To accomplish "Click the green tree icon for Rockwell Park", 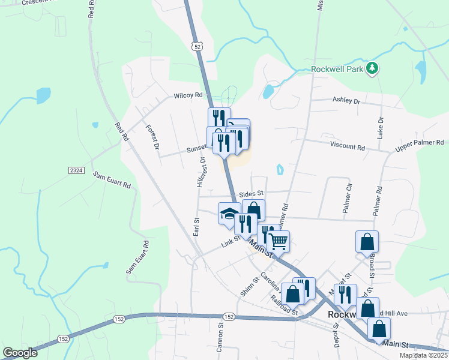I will click(373, 68).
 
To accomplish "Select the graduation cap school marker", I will click(229, 214).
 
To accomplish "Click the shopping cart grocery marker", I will click(278, 242).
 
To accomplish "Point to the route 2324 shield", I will click(76, 171).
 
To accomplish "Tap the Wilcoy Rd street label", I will click(188, 95).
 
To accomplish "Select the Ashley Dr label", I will click(346, 101).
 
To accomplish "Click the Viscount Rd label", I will click(347, 146).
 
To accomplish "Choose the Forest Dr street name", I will click(153, 137).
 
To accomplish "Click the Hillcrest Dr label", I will click(201, 172).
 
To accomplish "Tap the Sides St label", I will click(251, 193).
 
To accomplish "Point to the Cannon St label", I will click(220, 337).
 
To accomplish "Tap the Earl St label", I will click(196, 227).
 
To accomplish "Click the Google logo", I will click(20, 353).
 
